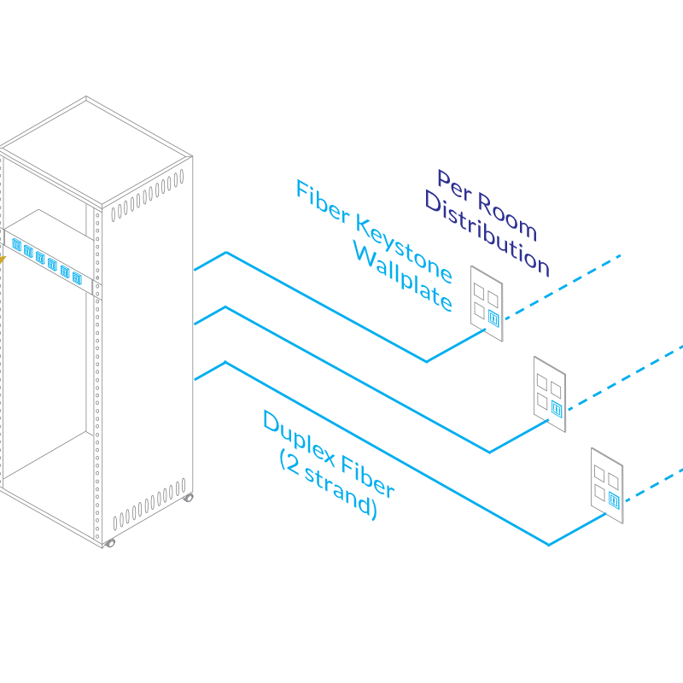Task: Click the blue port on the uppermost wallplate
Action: point(493,318)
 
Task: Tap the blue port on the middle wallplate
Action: point(556,409)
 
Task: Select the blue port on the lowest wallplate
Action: point(613,501)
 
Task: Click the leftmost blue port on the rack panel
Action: point(17,245)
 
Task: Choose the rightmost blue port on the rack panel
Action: point(77,277)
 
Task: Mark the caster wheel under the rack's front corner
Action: point(108,543)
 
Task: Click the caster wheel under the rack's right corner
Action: point(188,496)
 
